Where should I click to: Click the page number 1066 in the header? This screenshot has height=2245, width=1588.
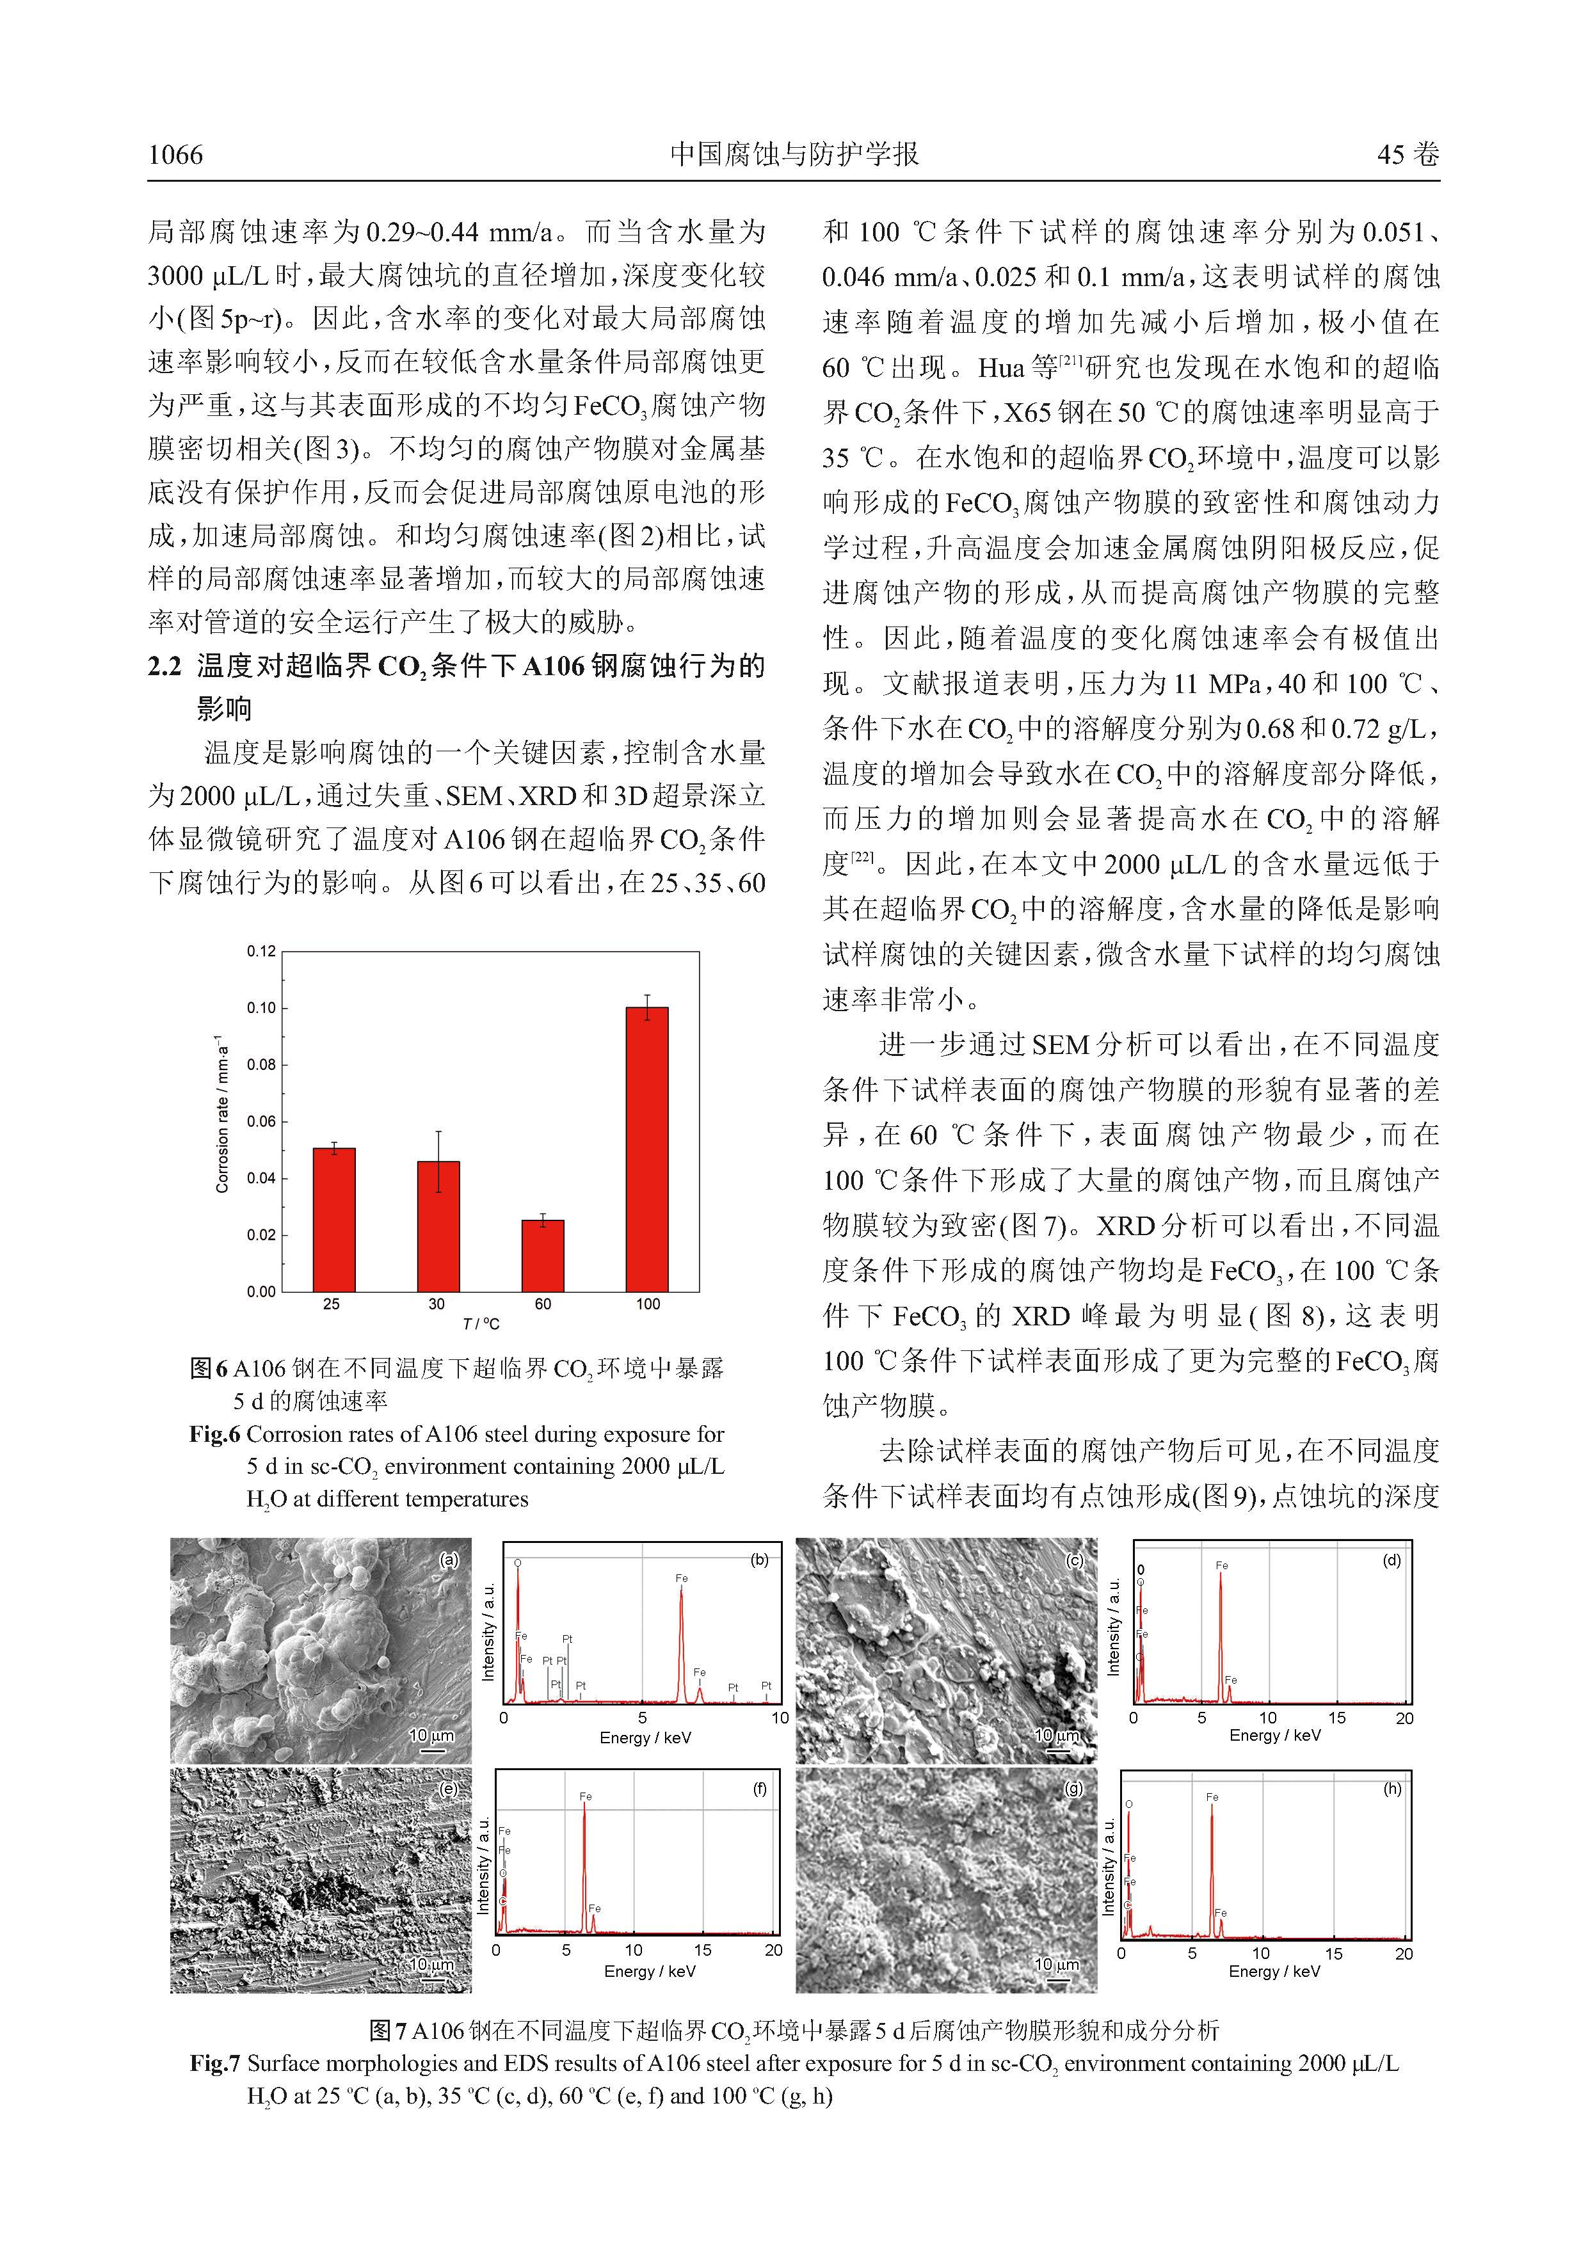(176, 154)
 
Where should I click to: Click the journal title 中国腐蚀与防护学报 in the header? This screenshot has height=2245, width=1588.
(794, 154)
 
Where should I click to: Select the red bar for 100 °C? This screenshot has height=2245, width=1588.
(646, 1149)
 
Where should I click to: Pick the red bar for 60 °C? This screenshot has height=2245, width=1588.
(543, 1256)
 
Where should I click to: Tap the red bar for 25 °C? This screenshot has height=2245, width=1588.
(333, 1219)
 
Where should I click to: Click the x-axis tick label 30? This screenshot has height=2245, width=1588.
(437, 1304)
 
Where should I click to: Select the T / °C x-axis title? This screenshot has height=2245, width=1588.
(481, 1324)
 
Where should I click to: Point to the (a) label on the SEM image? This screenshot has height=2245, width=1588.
(449, 1560)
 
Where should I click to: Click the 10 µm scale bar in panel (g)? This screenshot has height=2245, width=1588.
(1057, 1967)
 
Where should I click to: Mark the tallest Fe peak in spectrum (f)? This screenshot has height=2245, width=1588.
(585, 1866)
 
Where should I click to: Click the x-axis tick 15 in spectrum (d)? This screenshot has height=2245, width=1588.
(1336, 1718)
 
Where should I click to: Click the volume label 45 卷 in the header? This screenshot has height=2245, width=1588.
(1408, 154)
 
